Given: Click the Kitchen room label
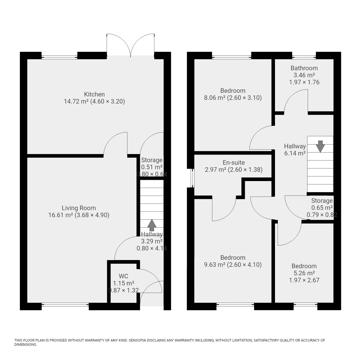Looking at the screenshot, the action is pos(94,94).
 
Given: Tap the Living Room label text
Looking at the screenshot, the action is pos(79,208).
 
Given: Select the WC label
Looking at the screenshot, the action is pos(124,276).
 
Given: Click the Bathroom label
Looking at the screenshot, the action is pos(304,68).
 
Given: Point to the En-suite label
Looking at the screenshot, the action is pos(234,163).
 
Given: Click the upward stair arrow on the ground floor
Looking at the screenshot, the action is pos(152,225).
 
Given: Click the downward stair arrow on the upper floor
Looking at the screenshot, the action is pos(321,146).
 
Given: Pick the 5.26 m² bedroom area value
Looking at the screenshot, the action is pos(304,273).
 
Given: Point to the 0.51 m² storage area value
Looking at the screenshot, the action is pos(152,167).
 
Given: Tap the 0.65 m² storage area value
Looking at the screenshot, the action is pos(322,208).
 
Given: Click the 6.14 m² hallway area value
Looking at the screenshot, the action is pos(295,153).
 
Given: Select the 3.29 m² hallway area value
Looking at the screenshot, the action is pos(152,241).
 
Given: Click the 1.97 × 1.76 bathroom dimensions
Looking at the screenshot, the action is pos(304,82).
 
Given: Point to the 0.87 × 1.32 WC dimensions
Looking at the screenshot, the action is pos(124,290).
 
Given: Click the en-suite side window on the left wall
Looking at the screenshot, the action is pos(193,178).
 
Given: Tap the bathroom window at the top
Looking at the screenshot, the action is pos(304,57).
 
